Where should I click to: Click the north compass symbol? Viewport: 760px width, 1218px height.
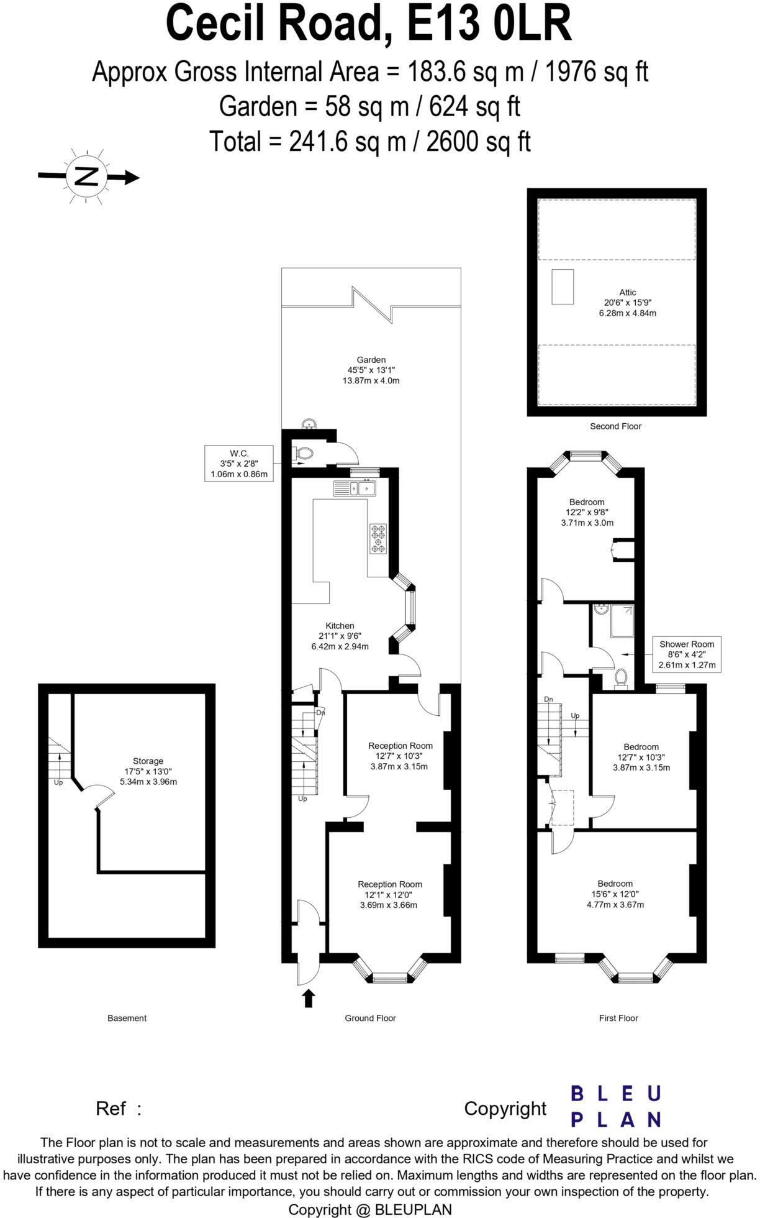(x=86, y=176)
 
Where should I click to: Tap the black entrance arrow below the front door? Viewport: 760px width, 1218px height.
(x=309, y=999)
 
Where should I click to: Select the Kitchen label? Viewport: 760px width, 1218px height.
(x=340, y=626)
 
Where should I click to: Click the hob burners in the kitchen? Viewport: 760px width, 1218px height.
(x=378, y=538)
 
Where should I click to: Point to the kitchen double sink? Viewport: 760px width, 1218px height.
(x=355, y=488)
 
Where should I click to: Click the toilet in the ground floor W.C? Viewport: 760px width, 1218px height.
(x=302, y=454)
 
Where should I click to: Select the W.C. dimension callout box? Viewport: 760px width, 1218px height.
(x=239, y=464)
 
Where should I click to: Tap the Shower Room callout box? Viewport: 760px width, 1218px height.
(x=686, y=654)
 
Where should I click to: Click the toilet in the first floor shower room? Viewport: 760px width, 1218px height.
(x=620, y=679)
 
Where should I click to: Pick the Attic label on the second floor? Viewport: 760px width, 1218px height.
(x=627, y=292)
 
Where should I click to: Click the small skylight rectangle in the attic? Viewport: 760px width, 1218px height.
(x=563, y=286)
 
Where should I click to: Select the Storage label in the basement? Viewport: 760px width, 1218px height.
(x=148, y=761)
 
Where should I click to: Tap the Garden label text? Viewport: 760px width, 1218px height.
(x=371, y=360)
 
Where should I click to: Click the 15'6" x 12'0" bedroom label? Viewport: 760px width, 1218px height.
(x=615, y=894)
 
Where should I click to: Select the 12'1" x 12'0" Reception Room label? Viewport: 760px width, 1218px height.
(x=389, y=894)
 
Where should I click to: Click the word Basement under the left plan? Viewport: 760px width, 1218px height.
(x=127, y=1018)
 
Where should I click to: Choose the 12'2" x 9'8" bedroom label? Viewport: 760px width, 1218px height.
(x=587, y=512)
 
